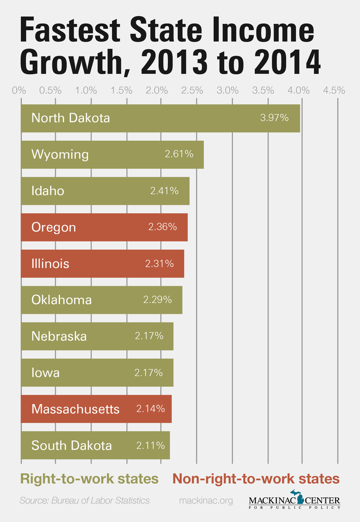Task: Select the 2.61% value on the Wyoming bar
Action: click(x=179, y=154)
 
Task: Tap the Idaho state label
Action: click(x=47, y=191)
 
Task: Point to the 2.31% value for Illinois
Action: click(x=160, y=264)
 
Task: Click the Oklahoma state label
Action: click(x=61, y=300)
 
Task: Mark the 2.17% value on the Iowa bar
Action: click(x=149, y=373)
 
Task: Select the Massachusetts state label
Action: click(x=75, y=409)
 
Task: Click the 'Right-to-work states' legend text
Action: click(x=89, y=478)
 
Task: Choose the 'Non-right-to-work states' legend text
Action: click(x=255, y=478)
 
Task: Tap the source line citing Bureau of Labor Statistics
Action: click(x=84, y=500)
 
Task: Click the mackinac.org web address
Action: click(x=206, y=500)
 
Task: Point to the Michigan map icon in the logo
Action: click(x=300, y=497)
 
